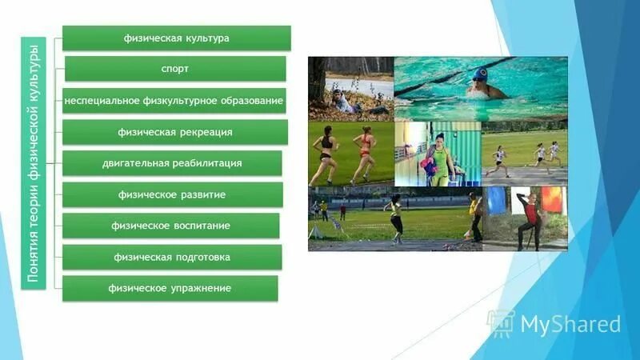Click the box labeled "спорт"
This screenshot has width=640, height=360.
(175, 69)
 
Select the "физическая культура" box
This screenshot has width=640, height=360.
(176, 38)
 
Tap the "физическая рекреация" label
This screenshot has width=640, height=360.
(175, 132)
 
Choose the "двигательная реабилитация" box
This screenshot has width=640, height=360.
(172, 163)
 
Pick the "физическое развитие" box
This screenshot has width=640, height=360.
(172, 194)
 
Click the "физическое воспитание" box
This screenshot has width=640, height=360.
(171, 226)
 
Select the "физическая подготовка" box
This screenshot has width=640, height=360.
(171, 257)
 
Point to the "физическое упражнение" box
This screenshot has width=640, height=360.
(170, 288)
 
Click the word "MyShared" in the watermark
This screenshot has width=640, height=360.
(570, 323)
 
